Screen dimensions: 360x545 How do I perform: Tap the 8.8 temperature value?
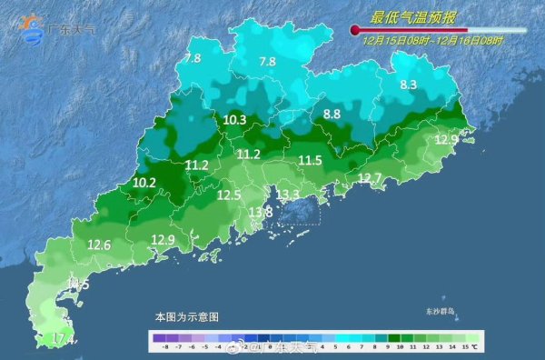click(x=332, y=115)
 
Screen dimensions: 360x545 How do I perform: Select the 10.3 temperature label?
click(x=234, y=120)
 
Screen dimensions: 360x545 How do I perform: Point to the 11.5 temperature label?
click(x=311, y=160)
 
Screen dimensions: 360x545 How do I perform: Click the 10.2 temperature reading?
click(x=144, y=183)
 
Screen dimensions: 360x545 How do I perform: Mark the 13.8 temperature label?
click(x=261, y=213)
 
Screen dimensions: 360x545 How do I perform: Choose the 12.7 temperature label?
click(x=370, y=178)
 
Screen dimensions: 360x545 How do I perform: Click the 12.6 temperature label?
click(x=99, y=245)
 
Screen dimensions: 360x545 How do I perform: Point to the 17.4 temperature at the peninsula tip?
click(x=61, y=339)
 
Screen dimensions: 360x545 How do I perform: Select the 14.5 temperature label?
click(x=78, y=285)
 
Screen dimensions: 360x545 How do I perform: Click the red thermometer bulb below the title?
click(x=355, y=31)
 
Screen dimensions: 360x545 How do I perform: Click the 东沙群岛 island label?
click(x=418, y=312)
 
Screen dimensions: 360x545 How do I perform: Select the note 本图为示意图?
click(x=186, y=317)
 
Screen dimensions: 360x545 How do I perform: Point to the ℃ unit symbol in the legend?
click(x=398, y=346)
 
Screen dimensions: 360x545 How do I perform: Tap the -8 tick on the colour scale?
click(x=163, y=346)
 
